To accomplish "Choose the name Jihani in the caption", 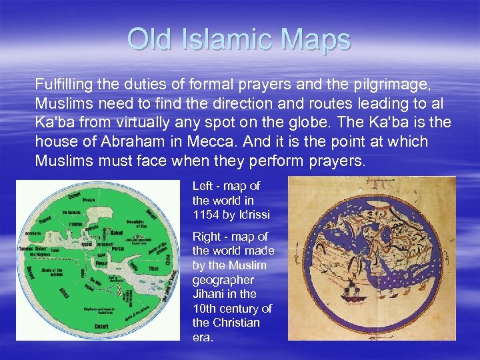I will pos(209,293).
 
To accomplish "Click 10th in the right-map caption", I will pos(203,308).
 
